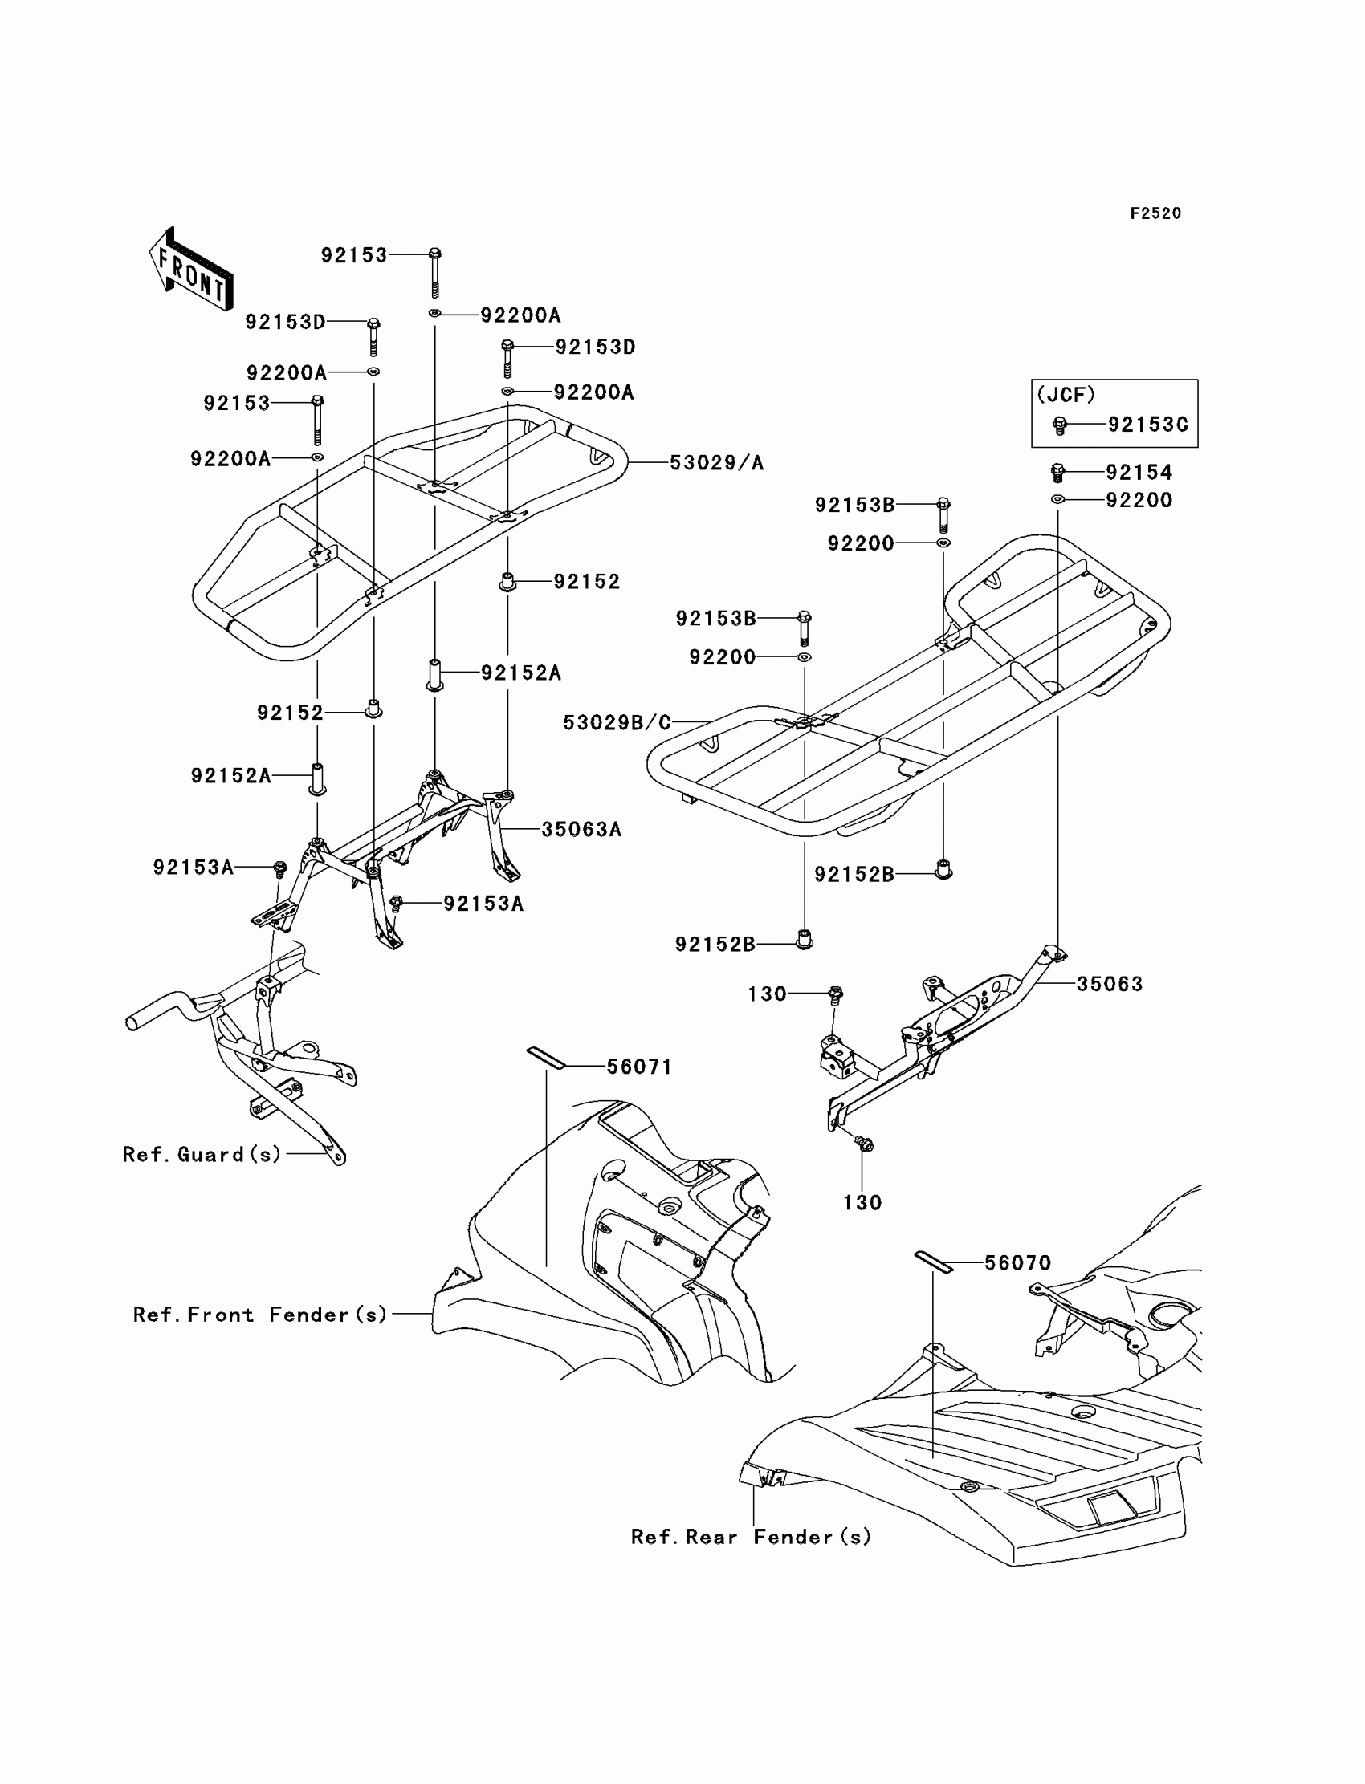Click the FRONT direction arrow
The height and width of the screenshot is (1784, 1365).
tap(192, 269)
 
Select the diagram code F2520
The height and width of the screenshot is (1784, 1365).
tap(1155, 213)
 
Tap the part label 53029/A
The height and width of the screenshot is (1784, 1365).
tap(716, 463)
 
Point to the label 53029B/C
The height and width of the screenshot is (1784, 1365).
tap(617, 722)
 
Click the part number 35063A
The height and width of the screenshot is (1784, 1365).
tap(581, 829)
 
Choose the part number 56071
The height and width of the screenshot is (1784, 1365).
tap(639, 1067)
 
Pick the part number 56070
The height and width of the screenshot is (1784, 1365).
tap(1017, 1262)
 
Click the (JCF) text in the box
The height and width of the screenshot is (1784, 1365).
tap(1066, 396)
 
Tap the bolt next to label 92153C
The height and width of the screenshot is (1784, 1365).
tap(1060, 425)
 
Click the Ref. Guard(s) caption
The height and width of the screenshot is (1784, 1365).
tap(202, 1154)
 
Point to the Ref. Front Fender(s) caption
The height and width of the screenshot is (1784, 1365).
tap(260, 1315)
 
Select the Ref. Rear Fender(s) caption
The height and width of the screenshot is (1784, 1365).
tap(751, 1537)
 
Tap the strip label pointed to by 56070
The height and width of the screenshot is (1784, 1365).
tap(934, 1262)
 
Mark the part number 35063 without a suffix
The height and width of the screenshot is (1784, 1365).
tap(1109, 984)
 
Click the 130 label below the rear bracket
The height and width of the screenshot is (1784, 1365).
tap(862, 1203)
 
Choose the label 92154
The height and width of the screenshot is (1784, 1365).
tap(1139, 473)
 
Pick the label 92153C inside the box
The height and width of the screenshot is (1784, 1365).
tap(1147, 425)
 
